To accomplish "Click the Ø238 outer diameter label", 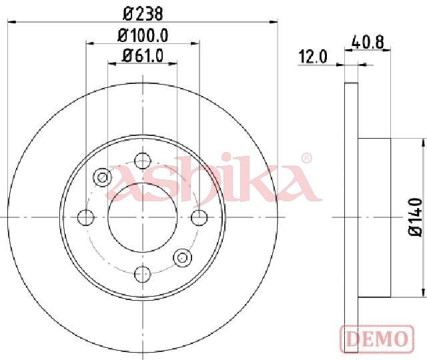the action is pos(143,14).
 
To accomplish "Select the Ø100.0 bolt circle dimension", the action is pos(143,35).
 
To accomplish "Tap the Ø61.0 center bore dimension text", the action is pos(143,56).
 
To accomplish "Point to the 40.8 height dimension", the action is pos(368,43).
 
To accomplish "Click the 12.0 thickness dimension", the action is pos(313,57).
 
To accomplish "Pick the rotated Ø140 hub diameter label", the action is pos(415,217).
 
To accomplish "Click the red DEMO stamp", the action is pos(377,339).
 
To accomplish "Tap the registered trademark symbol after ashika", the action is pos(306,159).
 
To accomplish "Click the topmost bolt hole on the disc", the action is pos(143,161).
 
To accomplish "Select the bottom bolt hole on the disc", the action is pos(143,274).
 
